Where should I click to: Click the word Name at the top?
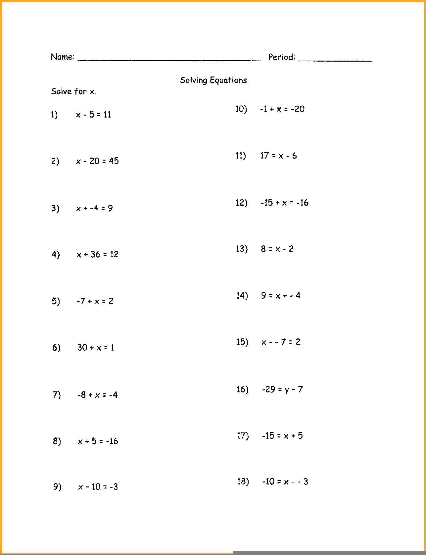[62, 57]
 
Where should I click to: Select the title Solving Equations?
[213, 80]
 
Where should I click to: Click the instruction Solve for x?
[73, 91]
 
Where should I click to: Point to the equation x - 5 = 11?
[93, 115]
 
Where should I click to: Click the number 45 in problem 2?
[114, 161]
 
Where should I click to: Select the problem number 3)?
[55, 208]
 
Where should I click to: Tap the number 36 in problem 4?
[95, 254]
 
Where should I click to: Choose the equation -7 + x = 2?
[95, 301]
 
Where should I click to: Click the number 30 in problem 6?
[82, 347]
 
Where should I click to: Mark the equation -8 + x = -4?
[97, 395]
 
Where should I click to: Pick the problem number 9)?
[57, 487]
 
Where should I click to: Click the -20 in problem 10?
[298, 109]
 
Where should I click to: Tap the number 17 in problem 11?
[264, 156]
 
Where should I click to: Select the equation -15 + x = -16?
[284, 203]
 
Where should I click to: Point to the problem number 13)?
[242, 249]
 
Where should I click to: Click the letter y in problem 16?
[287, 390]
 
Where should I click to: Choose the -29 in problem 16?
[268, 389]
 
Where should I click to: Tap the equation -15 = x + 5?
[282, 436]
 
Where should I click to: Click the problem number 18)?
[243, 481]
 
